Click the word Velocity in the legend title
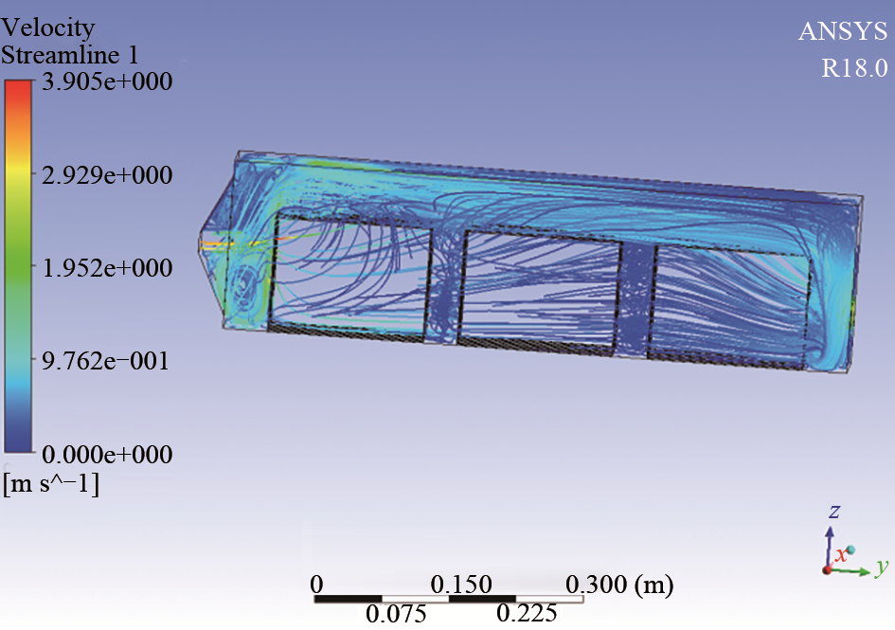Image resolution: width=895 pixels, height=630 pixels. click(x=48, y=27)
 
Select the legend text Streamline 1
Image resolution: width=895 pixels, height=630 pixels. click(x=70, y=55)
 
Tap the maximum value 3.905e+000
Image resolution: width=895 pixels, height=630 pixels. click(x=107, y=81)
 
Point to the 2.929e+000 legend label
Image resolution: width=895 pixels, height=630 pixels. click(x=107, y=174)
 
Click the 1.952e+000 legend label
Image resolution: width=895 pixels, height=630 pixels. click(x=107, y=268)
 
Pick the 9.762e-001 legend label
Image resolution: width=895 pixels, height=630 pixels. click(x=105, y=361)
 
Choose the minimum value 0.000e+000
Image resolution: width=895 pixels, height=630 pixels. click(x=107, y=455)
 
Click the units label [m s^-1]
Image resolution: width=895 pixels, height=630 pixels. click(x=51, y=484)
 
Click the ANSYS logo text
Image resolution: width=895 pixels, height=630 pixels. click(x=843, y=31)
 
